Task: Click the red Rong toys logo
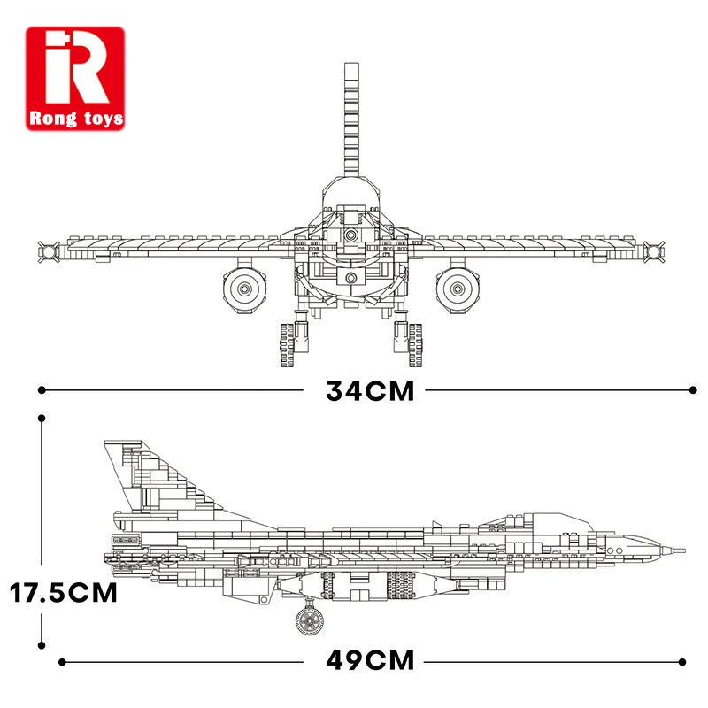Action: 75,79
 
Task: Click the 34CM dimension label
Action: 370,391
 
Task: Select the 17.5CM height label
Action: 63,592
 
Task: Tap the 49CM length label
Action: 370,661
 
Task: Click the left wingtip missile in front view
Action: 49,251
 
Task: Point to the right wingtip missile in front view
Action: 654,251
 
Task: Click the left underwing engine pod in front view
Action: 244,289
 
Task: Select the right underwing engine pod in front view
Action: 458,289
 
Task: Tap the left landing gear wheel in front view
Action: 287,345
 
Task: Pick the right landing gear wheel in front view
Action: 415,345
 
